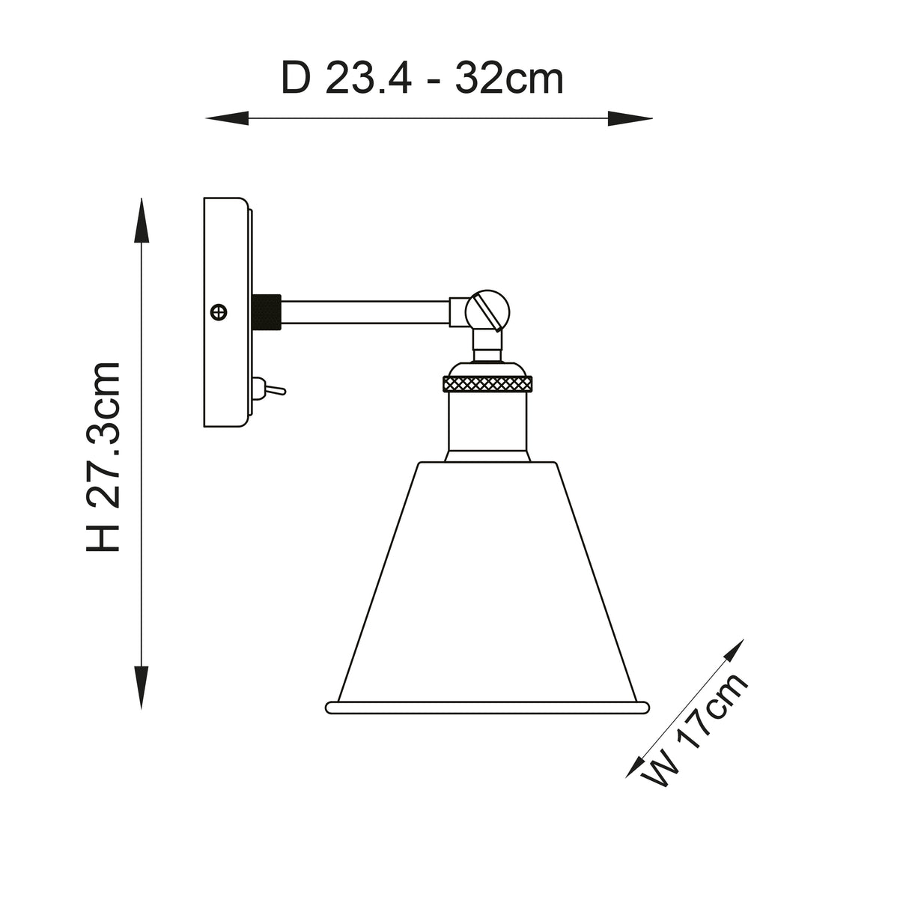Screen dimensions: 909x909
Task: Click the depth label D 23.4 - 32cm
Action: (x=422, y=79)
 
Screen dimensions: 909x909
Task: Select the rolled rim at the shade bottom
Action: (x=487, y=706)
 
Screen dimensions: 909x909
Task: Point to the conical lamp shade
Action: (x=488, y=584)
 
